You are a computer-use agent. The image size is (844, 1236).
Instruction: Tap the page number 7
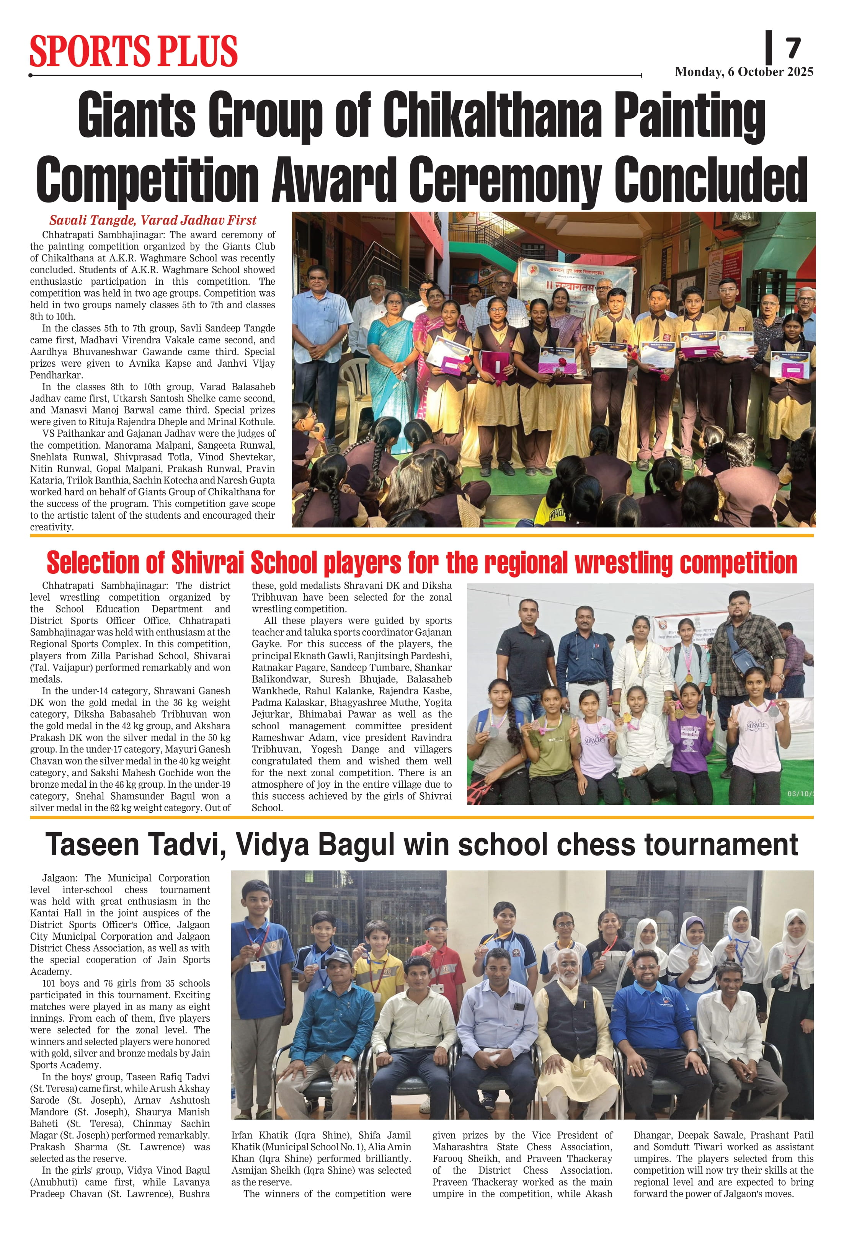(x=793, y=48)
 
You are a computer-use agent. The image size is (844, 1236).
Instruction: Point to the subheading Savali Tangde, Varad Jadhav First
(x=153, y=220)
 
